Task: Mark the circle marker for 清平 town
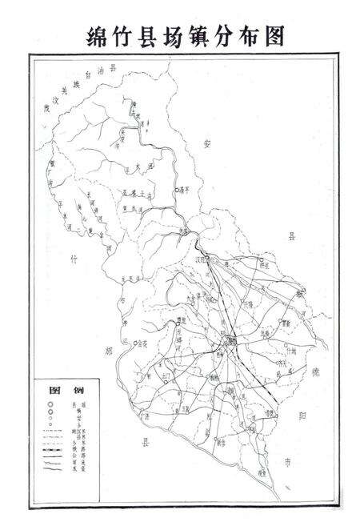[x=176, y=190]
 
